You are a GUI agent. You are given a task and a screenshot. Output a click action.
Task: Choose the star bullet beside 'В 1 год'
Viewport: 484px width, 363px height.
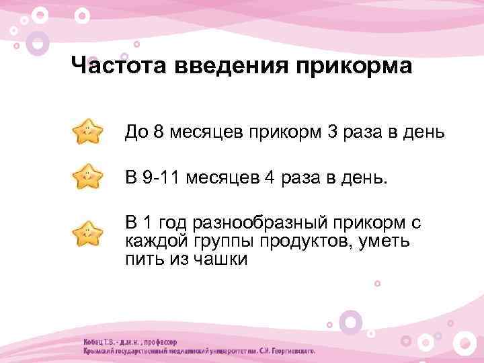click(x=87, y=233)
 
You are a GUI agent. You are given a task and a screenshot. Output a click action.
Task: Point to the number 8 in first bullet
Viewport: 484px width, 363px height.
click(x=159, y=132)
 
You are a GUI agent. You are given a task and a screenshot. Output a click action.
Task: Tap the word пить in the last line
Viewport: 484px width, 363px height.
click(x=142, y=259)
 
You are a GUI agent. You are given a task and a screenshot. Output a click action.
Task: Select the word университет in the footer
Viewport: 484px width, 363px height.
click(x=225, y=351)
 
